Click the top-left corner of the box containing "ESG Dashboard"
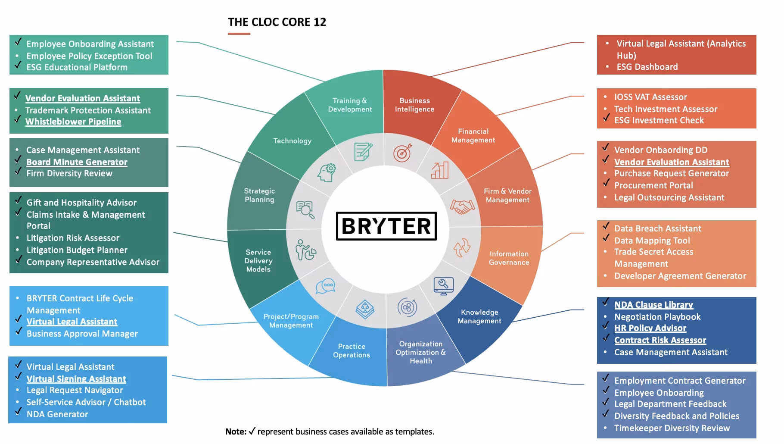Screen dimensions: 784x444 (597, 35)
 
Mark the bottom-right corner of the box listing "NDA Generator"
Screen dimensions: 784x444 (167, 423)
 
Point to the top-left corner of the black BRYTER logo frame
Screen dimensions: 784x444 (336, 212)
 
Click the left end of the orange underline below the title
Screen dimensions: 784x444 (228, 34)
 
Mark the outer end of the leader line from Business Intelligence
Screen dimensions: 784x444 (584, 43)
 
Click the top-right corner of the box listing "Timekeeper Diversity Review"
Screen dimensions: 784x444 (756, 372)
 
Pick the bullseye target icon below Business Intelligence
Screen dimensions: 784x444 (402, 153)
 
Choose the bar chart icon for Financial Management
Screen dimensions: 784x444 (440, 170)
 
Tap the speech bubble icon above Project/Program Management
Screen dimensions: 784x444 (325, 286)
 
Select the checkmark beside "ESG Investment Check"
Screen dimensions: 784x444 (606, 117)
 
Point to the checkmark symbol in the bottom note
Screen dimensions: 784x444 (252, 431)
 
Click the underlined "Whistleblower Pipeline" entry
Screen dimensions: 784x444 (73, 122)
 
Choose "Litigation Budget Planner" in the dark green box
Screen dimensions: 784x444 (77, 250)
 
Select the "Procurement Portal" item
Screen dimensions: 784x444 (653, 185)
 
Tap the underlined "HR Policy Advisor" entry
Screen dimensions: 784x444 (650, 328)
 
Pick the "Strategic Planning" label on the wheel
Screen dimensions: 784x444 (259, 195)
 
